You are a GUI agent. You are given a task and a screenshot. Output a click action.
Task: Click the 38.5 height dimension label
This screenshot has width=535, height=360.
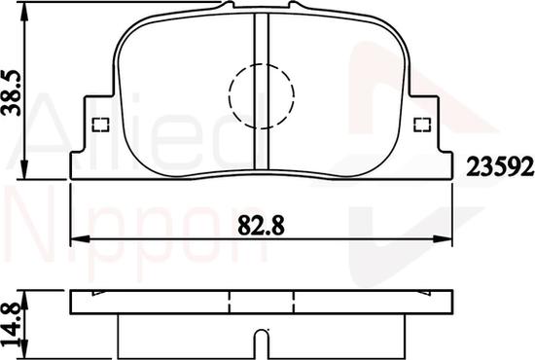tap(12, 92)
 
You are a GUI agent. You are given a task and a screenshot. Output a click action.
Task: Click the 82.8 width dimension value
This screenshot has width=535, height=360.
tap(261, 225)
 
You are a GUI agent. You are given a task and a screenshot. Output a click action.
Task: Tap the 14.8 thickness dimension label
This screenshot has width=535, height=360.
tap(12, 327)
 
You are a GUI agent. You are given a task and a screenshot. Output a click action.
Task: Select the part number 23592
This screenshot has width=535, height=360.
tap(500, 166)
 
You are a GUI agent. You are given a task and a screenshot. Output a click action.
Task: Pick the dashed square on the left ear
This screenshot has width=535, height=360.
tap(100, 125)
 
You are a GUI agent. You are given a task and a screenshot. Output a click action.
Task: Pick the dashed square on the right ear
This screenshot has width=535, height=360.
tap(422, 125)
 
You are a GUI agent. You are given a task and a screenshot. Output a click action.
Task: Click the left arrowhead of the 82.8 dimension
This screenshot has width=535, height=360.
tap(80, 238)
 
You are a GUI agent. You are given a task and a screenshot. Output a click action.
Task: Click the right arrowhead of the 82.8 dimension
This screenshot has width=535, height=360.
tap(443, 238)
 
